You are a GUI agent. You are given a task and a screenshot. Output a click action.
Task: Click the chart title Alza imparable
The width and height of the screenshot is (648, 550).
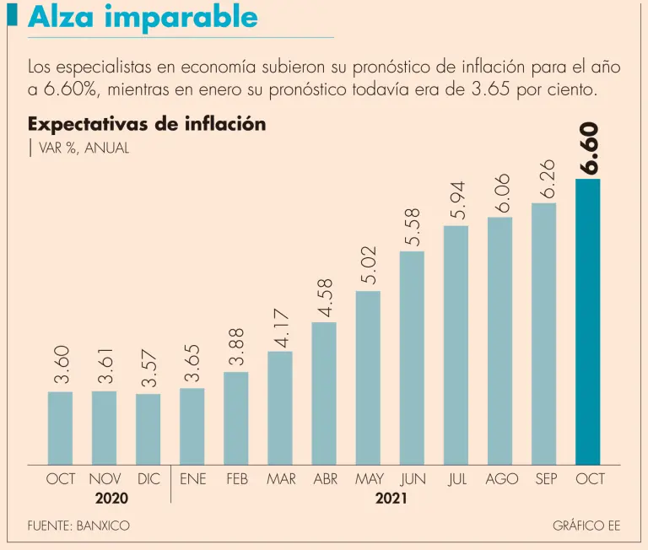[x=143, y=17]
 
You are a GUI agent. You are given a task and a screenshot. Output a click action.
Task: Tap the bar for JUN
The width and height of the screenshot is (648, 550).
[x=412, y=358]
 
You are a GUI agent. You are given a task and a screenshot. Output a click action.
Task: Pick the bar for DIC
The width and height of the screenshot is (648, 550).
[x=148, y=429]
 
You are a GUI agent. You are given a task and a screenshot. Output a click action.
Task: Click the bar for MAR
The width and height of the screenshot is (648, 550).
[x=280, y=407]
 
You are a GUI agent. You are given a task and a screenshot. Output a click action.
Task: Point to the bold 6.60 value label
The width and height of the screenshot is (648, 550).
[x=588, y=148]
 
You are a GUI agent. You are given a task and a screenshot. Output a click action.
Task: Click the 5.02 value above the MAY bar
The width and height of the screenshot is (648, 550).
[x=369, y=265]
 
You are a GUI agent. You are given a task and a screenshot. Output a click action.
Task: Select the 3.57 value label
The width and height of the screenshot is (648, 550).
[x=148, y=368]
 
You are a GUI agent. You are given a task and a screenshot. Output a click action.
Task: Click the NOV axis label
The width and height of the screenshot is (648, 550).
[x=105, y=479]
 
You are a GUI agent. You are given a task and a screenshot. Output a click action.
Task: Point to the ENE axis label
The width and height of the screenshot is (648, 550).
[x=192, y=479]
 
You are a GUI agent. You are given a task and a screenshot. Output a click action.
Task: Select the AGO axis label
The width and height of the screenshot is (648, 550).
[x=501, y=479]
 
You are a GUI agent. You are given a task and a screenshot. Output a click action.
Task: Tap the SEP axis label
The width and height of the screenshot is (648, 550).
[x=546, y=479]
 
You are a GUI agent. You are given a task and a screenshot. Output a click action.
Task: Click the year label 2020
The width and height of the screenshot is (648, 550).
[x=111, y=499]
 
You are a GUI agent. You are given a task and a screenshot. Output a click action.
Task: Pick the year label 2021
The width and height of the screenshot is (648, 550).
[x=391, y=499]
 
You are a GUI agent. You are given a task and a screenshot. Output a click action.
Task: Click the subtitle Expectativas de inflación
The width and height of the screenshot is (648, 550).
[x=147, y=124]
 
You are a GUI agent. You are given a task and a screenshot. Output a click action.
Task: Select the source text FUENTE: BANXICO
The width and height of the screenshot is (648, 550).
[x=78, y=526]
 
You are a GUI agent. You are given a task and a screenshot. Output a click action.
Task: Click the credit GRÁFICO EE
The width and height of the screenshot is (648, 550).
[x=586, y=526]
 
